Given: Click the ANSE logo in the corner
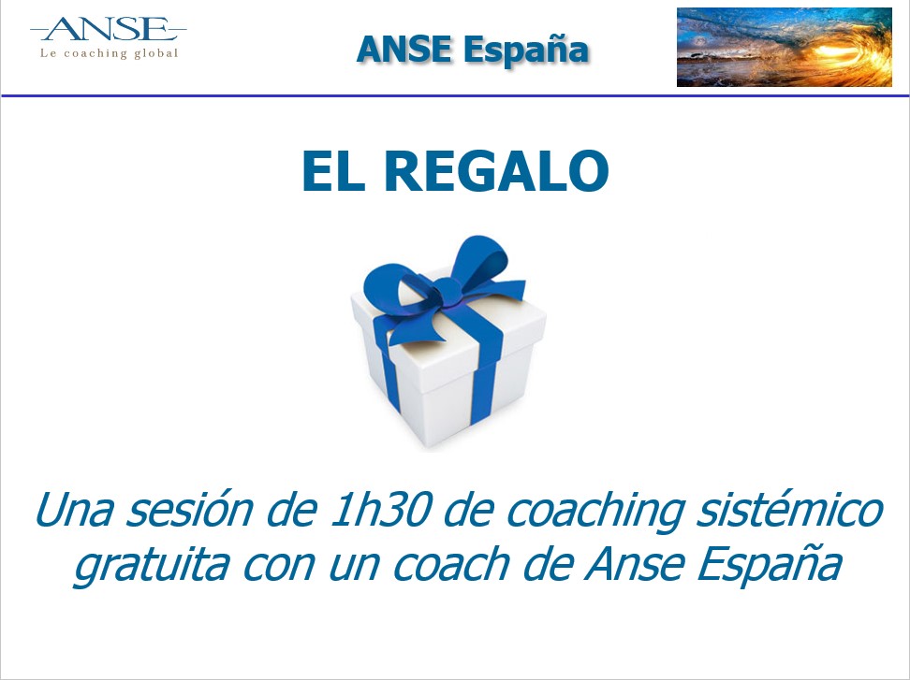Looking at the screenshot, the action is (x=109, y=37).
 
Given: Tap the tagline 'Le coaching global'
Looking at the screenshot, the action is (x=109, y=53).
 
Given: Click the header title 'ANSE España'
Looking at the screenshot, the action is (x=473, y=50).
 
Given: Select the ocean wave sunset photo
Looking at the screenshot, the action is (x=784, y=47).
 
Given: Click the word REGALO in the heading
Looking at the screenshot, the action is (x=496, y=171).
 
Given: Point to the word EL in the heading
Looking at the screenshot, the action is (x=333, y=171).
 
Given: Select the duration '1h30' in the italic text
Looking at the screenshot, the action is (x=379, y=510).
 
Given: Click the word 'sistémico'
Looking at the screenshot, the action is (x=789, y=510).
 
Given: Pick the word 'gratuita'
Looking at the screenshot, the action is (x=152, y=565).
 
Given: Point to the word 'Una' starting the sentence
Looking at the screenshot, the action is (x=73, y=510).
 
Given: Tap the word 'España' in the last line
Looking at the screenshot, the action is (x=769, y=565).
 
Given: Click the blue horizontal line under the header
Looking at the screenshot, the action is (x=455, y=95).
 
